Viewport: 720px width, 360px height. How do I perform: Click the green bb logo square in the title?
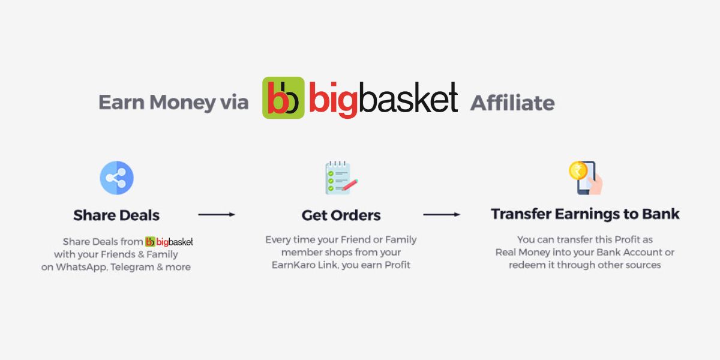point(283,97)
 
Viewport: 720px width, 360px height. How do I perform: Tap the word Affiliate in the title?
point(512,103)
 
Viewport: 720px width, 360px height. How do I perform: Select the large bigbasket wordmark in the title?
point(383,98)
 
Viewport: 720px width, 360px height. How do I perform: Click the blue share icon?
point(116,178)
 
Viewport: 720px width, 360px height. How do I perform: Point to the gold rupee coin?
point(577,171)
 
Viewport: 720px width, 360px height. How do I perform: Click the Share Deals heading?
point(116,215)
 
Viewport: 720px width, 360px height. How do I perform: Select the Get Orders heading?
point(341,215)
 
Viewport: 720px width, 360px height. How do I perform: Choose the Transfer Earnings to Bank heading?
point(585,214)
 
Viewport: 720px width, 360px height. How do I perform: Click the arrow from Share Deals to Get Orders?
point(217,214)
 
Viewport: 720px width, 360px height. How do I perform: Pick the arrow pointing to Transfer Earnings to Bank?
point(442,214)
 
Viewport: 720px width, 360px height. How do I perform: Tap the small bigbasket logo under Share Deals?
point(169,242)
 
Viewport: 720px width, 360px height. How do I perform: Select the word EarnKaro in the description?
point(290,265)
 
